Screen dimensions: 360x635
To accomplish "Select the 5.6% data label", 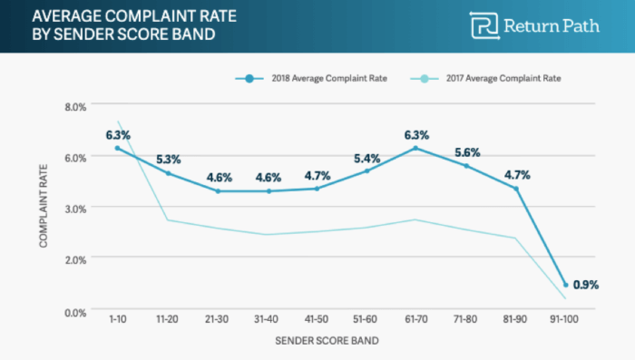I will coord(467,151).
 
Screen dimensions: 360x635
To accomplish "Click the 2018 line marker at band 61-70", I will coord(416,148).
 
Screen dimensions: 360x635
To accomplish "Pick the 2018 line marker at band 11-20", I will coord(168,172).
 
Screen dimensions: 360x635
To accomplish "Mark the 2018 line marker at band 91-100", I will coord(566,285).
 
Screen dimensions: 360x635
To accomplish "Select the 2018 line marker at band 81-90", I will coord(516,189).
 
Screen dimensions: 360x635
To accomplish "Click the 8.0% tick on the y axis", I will coord(74,106).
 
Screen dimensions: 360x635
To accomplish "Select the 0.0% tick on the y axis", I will coord(74,311).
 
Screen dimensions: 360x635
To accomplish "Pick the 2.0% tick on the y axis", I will coord(74,259).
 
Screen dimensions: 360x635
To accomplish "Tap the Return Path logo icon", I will coord(483,25).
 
